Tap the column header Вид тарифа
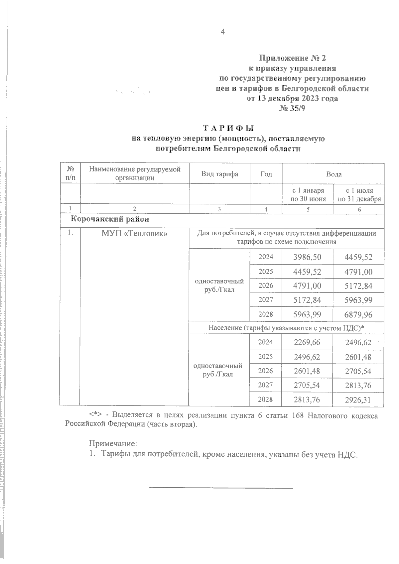click(x=219, y=174)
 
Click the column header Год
click(x=266, y=174)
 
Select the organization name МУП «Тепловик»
click(x=134, y=234)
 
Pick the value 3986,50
click(x=307, y=257)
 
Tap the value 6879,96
click(x=358, y=314)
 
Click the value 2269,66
click(x=307, y=342)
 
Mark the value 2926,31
click(x=358, y=399)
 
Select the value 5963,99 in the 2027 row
click(x=358, y=300)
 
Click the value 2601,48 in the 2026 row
click(x=307, y=371)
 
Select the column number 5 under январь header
click(x=308, y=209)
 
